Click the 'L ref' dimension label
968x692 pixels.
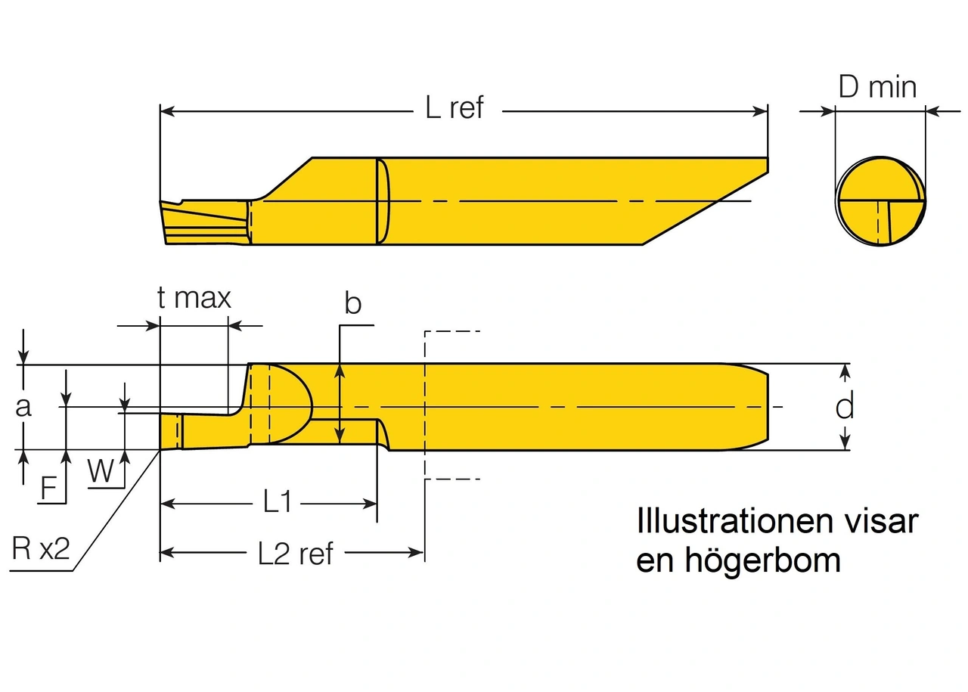point(454,108)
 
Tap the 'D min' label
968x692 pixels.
point(877,88)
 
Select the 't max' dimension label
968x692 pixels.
point(194,298)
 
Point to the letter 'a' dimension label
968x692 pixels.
point(23,407)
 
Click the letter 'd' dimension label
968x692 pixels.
point(844,407)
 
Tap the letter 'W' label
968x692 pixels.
point(101,471)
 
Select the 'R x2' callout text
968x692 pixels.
point(41,548)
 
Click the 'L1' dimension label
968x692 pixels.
point(277,501)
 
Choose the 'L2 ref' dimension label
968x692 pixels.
point(295,554)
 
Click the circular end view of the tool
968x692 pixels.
point(880,201)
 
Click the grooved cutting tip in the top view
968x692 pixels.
point(204,222)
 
